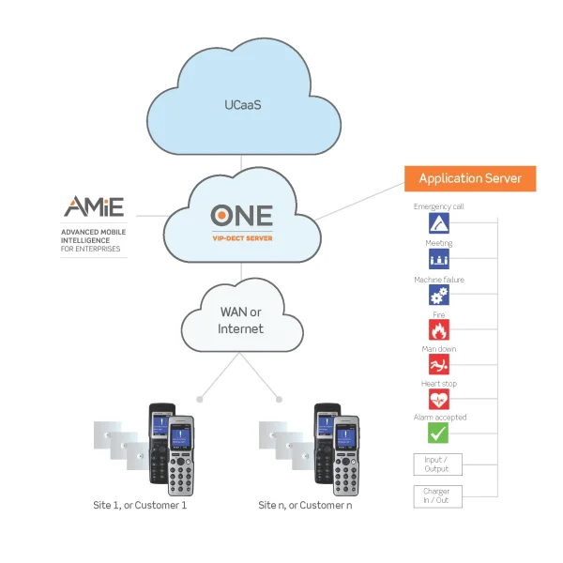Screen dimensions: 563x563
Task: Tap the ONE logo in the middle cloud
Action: point(242,215)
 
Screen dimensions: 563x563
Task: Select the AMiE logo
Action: point(93,207)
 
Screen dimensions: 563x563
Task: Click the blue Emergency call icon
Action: point(438,223)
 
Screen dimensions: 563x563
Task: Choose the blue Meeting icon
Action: point(438,259)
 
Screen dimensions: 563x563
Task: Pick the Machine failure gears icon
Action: point(438,295)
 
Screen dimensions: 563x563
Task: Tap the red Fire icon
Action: point(438,329)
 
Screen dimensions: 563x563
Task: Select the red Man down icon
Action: point(438,364)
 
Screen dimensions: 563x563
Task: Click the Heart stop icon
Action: point(438,399)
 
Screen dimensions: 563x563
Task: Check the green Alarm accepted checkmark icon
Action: point(438,433)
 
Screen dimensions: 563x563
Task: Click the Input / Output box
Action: point(437,464)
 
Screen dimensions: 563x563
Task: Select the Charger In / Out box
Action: point(437,495)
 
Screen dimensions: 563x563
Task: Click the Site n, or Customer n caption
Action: point(305,506)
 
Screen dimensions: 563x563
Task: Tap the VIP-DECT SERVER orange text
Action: point(241,238)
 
